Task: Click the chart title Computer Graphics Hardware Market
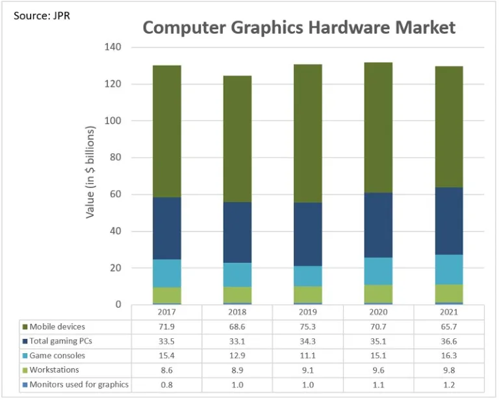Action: point(299,28)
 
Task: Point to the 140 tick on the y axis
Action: point(112,47)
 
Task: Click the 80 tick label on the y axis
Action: point(115,158)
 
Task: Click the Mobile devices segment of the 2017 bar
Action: point(167,131)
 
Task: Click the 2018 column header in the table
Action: point(237,312)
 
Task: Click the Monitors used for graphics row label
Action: point(79,384)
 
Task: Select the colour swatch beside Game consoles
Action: point(24,356)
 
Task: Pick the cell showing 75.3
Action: point(307,327)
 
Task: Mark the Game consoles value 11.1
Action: point(307,356)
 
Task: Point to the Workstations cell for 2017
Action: point(167,370)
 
